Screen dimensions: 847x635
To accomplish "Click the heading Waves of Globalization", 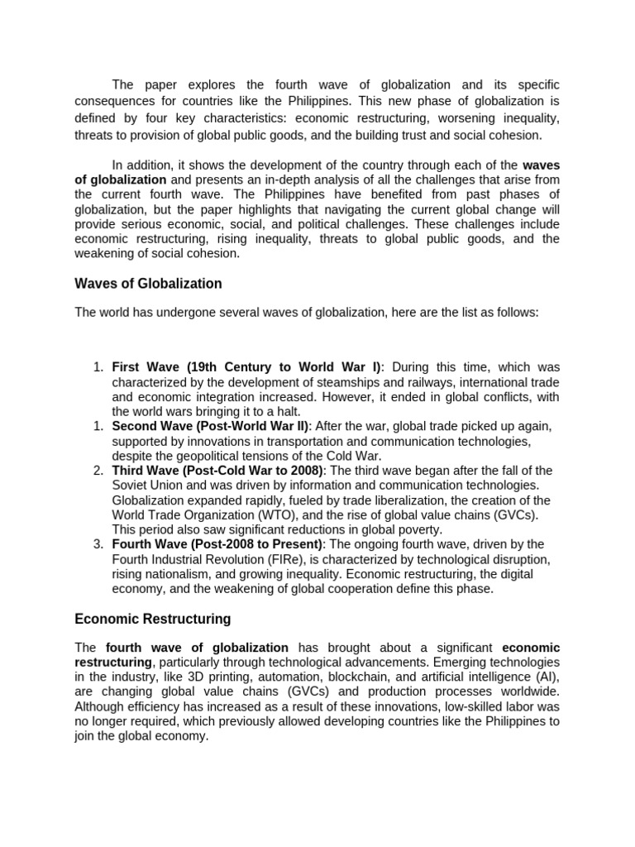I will coord(148,284).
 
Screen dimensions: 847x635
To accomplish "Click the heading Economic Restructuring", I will coord(153,619).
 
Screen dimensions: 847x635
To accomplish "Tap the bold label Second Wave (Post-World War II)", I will coord(210,426).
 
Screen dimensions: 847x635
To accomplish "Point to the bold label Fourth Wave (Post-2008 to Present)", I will coord(217,544).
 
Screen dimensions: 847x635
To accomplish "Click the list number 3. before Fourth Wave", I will coord(98,544).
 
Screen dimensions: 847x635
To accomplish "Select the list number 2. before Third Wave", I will coord(98,471).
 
